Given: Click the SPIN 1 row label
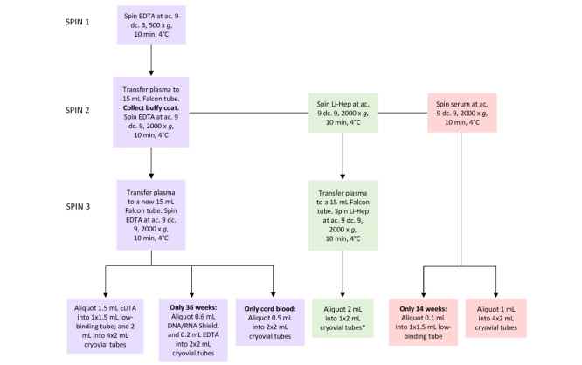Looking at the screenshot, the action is coord(77,22).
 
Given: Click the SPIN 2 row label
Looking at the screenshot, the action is coord(77,110).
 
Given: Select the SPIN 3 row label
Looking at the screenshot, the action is coord(78,207).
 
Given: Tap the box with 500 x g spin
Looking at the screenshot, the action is coord(151,24).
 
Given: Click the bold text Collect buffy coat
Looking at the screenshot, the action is coord(150,108).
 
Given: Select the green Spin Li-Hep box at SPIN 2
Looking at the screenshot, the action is coord(343,113).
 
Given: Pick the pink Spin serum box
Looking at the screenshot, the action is coord(462,113).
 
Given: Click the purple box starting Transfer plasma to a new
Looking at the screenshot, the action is coord(151,215).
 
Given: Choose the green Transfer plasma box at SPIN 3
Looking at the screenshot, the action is coord(343,216).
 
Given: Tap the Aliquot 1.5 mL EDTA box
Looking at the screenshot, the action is coord(105,326).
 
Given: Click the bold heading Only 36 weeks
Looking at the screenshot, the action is coord(193,307).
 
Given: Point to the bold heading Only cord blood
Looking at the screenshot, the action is coord(270,308).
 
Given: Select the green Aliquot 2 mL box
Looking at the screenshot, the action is coord(343,318).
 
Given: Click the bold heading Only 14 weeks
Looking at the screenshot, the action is coord(423,308).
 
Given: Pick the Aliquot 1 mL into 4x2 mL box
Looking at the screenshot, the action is coord(495,318).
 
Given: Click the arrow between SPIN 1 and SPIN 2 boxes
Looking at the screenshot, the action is coord(151,60).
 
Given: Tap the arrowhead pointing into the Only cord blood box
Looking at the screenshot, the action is coord(274,294).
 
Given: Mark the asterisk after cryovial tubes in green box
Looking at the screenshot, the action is coord(363,327).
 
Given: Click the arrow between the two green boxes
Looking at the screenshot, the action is coord(343,155).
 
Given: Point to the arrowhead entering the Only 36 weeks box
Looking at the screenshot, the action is coord(191,294).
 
